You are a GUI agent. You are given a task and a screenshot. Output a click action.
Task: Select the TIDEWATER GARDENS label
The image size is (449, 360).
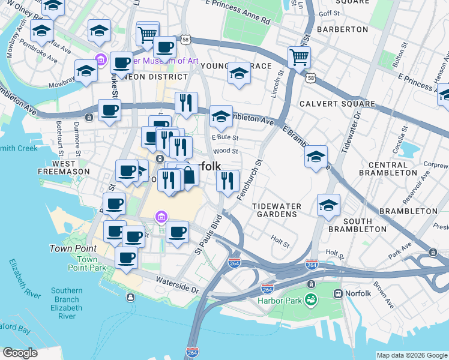(x=277, y=211)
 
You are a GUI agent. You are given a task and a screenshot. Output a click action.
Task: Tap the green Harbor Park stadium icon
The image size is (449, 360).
(x=310, y=299)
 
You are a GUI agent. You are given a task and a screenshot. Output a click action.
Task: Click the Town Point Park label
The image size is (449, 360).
(x=87, y=263)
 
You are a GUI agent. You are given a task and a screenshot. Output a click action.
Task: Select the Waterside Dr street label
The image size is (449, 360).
(x=177, y=284)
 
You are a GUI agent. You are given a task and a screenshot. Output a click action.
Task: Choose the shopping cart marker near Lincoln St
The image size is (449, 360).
(x=299, y=58)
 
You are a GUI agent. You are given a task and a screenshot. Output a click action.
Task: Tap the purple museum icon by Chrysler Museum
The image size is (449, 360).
(x=100, y=59)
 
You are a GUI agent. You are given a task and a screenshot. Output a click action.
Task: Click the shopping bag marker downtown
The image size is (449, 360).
(x=188, y=176)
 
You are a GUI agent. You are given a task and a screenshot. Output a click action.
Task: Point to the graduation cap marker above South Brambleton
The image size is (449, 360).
(x=328, y=205)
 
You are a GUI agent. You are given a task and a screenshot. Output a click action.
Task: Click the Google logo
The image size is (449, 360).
(x=20, y=353)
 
